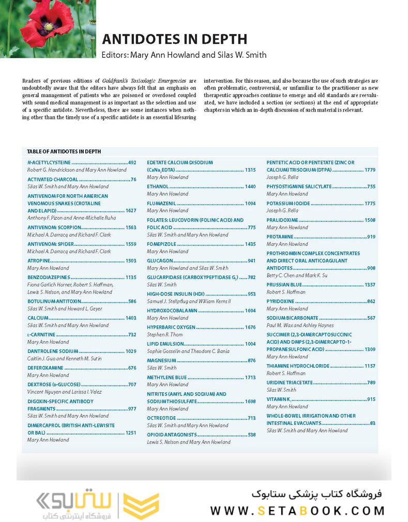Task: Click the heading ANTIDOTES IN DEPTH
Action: point(174,39)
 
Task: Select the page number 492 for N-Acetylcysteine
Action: point(132,162)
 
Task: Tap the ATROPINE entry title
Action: point(39,261)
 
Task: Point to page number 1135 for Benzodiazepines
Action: point(131,278)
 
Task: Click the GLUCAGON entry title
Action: point(160,261)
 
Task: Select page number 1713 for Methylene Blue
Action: point(250,377)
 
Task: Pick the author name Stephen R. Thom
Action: point(165,334)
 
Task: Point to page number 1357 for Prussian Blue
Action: point(370,285)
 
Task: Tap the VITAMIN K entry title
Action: point(279,399)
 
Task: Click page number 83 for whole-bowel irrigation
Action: point(372,423)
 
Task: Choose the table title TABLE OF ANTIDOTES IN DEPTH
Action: point(64,151)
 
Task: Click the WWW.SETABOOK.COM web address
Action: point(297,511)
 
